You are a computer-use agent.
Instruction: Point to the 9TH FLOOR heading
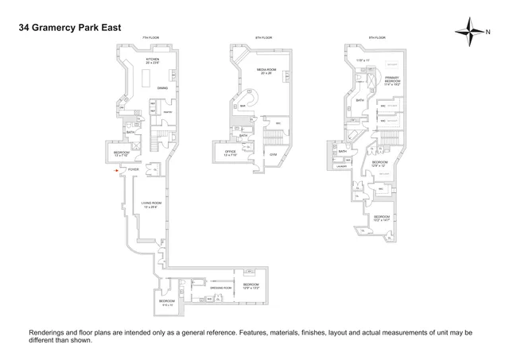377,38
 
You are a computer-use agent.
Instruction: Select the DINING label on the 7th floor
162,88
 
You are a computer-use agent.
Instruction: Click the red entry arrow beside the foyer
117,169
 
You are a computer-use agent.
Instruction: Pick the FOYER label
134,169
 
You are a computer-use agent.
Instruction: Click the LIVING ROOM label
152,204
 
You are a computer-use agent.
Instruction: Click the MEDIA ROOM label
266,70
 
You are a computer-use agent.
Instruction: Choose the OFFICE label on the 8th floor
230,150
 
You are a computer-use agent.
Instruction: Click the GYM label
273,153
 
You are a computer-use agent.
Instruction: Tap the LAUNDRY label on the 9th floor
343,166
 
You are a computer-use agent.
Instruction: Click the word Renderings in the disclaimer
47,333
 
